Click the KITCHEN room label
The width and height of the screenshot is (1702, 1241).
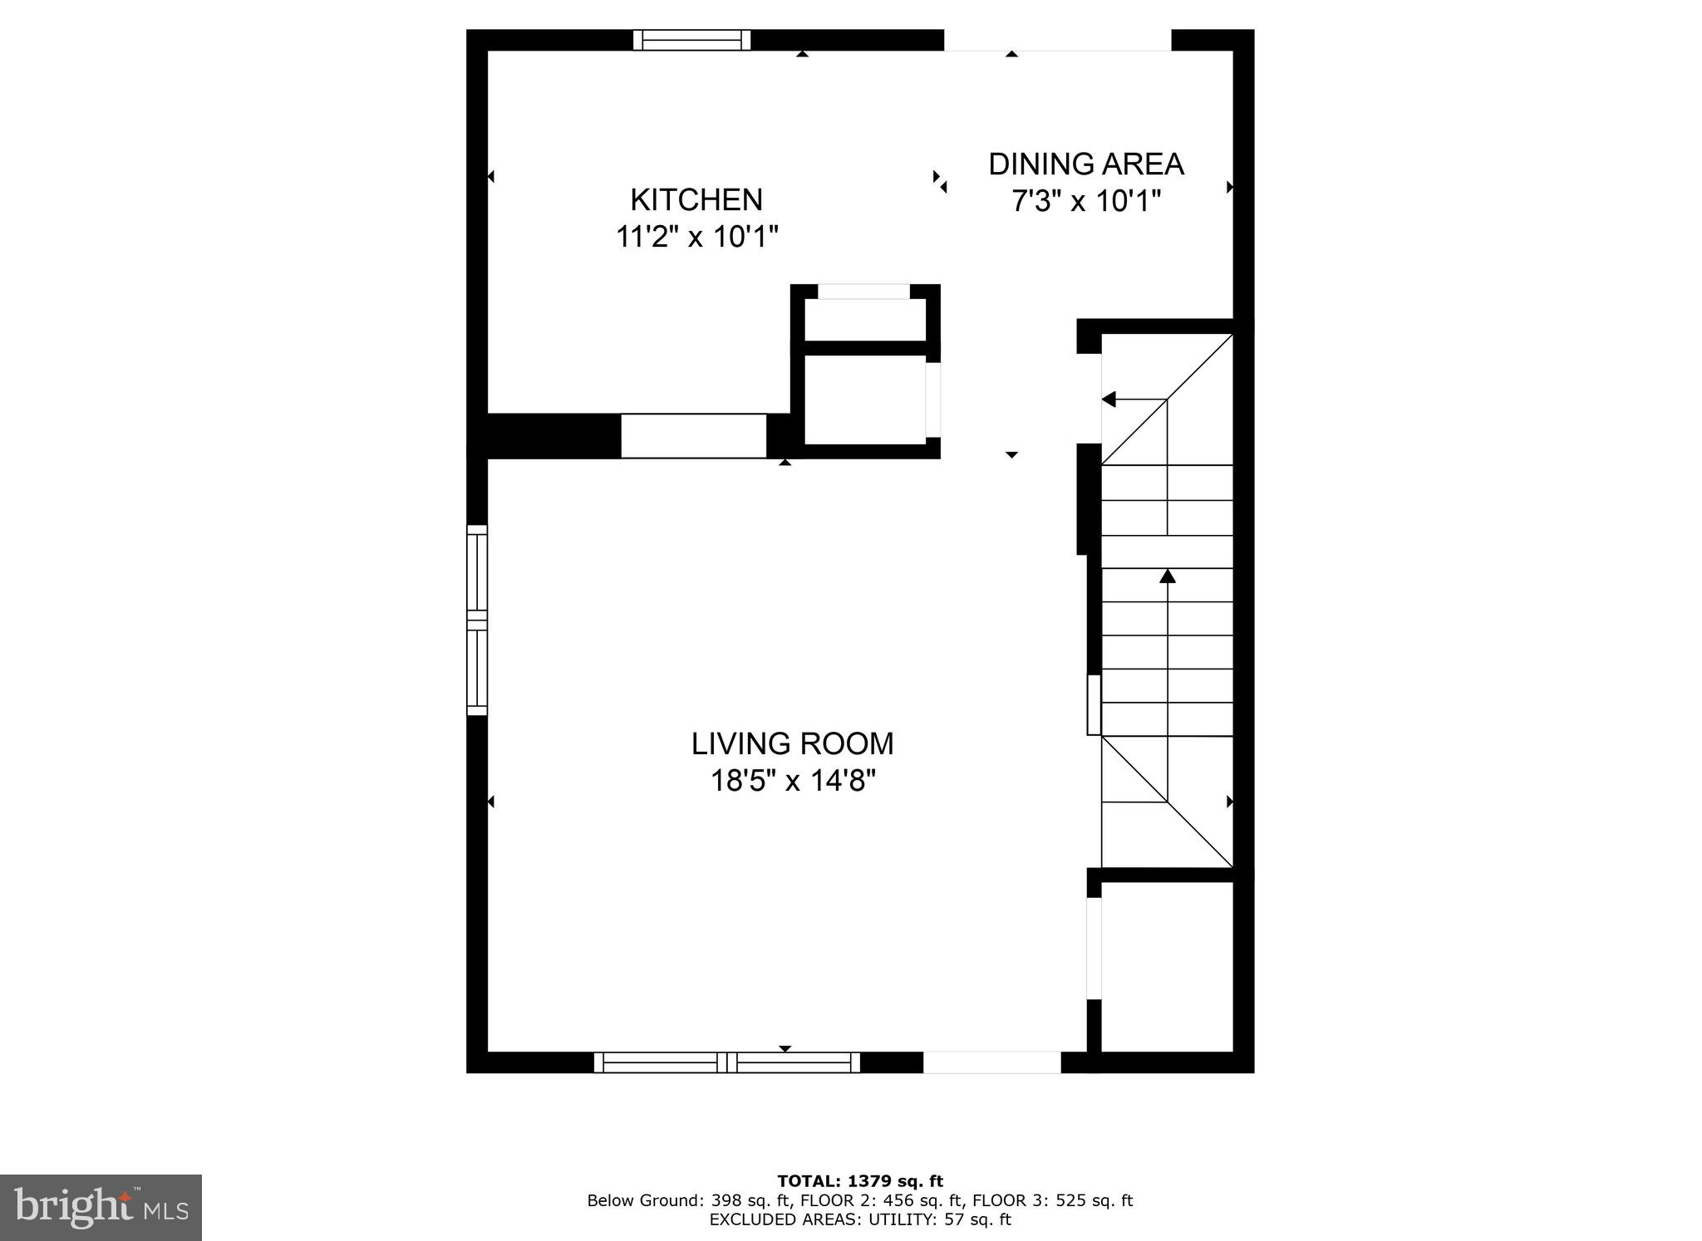point(696,200)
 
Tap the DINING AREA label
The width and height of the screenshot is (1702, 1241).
point(1085,164)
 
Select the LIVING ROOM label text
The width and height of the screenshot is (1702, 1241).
point(792,743)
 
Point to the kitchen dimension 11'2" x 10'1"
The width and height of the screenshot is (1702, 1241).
point(696,238)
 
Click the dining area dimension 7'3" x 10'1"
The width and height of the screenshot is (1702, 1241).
point(1085,201)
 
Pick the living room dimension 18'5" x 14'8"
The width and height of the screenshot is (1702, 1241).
point(792,781)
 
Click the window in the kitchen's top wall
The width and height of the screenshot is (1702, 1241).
point(691,40)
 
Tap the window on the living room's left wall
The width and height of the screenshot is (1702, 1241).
point(476,620)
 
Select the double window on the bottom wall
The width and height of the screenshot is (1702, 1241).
point(727,1062)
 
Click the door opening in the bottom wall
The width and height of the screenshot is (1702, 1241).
point(991,1062)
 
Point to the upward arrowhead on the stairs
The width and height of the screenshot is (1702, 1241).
point(1168,575)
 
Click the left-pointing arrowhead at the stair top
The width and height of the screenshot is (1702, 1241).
point(1109,400)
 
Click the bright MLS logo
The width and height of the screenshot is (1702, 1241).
point(101,1207)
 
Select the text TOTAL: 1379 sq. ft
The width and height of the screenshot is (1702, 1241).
point(860,1181)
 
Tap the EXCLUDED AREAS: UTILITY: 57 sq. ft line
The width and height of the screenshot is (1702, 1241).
point(860,1219)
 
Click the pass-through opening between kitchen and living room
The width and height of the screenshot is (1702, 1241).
point(693,435)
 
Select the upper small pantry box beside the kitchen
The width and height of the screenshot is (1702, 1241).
point(865,319)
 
